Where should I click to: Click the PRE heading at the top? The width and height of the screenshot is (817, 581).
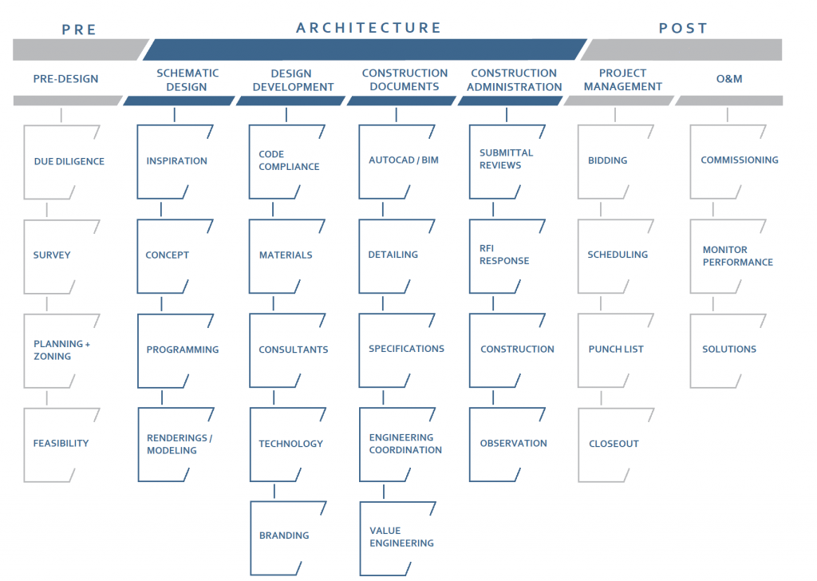79,30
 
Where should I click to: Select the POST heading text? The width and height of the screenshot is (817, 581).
683,28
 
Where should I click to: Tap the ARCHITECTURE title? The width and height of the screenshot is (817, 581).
369,28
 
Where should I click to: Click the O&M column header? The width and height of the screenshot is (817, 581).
729,79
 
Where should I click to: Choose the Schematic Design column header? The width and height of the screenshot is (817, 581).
187,80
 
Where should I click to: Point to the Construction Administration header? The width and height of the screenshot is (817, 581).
514,80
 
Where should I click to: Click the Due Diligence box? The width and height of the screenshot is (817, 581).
61,161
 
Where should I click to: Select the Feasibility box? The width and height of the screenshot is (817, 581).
61,445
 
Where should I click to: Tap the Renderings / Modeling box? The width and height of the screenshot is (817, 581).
176,445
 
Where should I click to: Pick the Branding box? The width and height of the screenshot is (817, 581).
288,538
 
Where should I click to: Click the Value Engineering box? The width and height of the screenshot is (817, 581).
397,538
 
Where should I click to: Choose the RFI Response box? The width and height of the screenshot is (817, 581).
507,256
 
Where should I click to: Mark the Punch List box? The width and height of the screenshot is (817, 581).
616,350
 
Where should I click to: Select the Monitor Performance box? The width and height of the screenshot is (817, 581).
728,256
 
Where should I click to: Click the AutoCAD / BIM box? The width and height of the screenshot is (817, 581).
397,161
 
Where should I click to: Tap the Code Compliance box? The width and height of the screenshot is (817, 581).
287,161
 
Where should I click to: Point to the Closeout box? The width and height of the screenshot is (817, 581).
616,445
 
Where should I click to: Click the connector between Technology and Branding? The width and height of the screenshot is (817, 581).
274,492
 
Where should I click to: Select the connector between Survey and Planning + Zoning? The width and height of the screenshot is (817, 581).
47,304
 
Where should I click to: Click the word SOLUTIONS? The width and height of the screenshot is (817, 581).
729,349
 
